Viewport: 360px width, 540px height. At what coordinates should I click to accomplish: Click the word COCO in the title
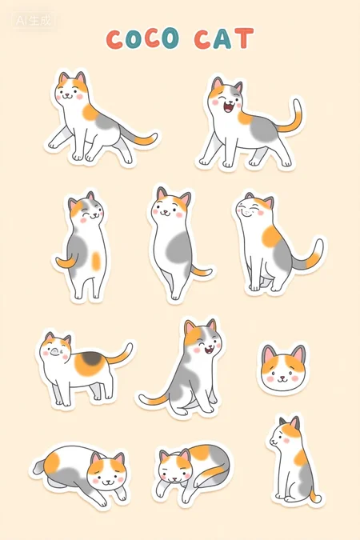point(142,38)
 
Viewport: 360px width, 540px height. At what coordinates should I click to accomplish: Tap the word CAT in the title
point(224,38)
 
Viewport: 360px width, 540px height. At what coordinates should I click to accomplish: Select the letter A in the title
point(222,39)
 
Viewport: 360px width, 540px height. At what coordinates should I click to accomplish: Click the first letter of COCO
point(114,39)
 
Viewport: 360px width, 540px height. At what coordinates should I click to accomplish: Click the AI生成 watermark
point(34,21)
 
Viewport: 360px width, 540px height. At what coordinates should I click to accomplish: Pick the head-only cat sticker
point(283,368)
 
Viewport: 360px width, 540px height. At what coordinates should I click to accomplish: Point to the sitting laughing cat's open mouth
point(209,350)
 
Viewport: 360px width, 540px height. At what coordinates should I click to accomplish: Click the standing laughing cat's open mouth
point(229,107)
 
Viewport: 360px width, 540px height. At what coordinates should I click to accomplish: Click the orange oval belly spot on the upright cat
point(96,261)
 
